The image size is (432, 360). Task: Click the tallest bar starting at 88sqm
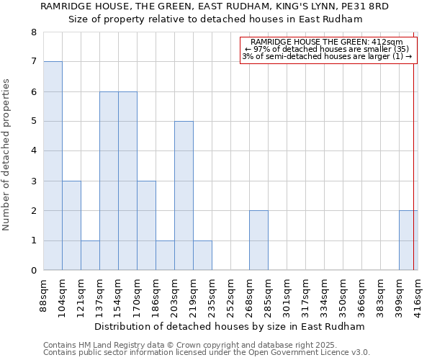53,166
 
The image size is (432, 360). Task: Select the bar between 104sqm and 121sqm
71,225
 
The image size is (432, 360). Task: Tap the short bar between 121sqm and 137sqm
90,255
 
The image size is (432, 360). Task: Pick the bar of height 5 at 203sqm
184,196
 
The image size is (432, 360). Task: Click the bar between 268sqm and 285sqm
258,240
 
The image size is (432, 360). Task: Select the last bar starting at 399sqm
408,240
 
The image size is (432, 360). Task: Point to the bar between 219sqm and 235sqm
202,255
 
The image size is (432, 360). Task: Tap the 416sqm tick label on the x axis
418,295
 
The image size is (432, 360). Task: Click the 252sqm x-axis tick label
230,295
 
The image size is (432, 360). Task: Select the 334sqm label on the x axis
305,295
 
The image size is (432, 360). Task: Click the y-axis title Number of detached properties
7,151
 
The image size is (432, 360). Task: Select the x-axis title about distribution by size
230,326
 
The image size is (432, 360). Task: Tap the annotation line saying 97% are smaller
328,49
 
